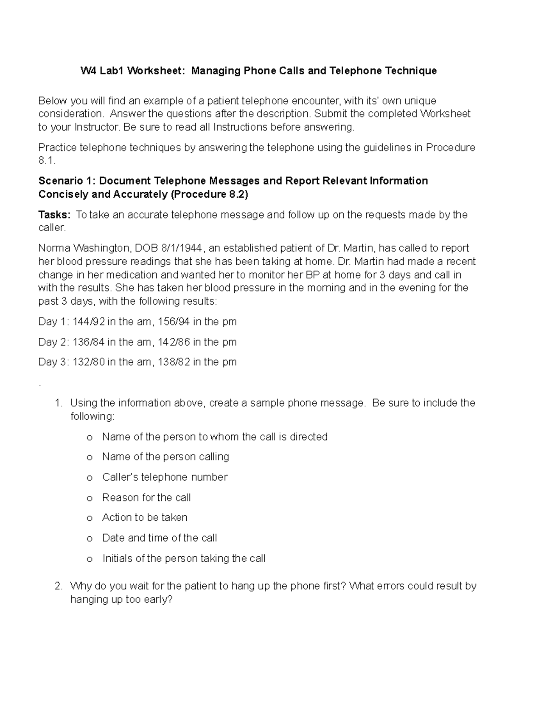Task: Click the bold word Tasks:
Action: (x=54, y=214)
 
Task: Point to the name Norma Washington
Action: (x=84, y=248)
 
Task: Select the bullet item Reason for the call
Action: (x=146, y=497)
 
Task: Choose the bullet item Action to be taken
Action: (x=145, y=517)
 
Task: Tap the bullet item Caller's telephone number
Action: (x=165, y=477)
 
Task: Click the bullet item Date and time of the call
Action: (x=160, y=538)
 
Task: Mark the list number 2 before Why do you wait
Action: (x=58, y=586)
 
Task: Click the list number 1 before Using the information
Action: (x=58, y=403)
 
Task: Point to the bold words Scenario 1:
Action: (x=67, y=181)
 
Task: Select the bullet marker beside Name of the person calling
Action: (x=89, y=457)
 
